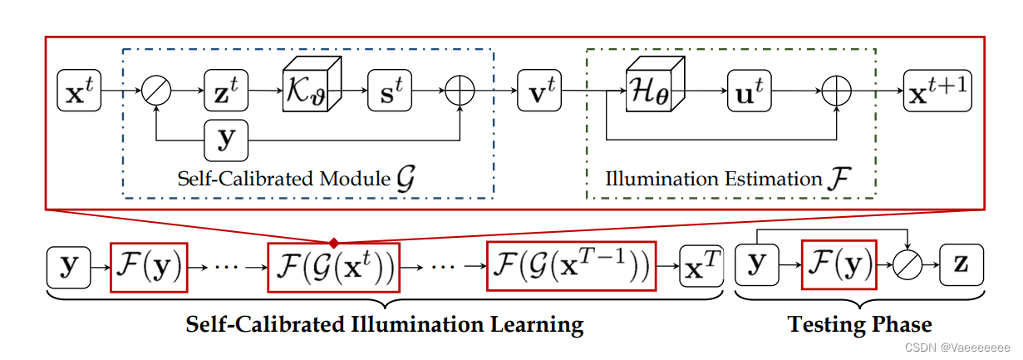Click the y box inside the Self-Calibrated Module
[x=226, y=139]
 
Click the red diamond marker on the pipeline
[x=333, y=244]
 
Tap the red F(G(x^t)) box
[x=333, y=266]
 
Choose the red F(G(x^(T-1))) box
[x=571, y=266]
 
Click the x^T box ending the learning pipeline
[x=701, y=266]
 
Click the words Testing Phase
[x=859, y=324]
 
